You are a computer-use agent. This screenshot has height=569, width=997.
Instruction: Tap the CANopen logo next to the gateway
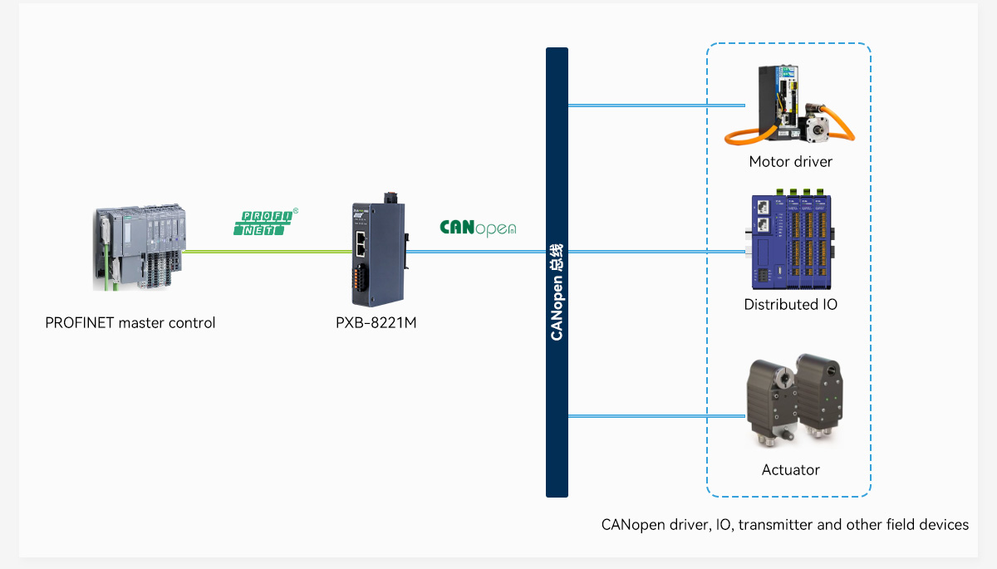pos(478,228)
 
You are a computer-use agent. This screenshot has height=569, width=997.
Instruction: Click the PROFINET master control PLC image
pos(138,248)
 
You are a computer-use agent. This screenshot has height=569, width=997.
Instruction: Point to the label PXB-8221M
pos(370,322)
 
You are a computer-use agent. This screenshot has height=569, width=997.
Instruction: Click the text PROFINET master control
pos(130,322)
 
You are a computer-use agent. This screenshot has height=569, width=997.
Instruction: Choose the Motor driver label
pos(790,162)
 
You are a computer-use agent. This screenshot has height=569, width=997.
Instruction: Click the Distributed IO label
pos(790,305)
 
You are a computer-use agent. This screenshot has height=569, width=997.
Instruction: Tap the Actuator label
pos(790,470)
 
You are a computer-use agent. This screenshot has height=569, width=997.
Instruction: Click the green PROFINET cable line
pos(266,251)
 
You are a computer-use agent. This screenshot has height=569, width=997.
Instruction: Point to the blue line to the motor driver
pos(656,105)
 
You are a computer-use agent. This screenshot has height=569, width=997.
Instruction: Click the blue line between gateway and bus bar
pos(478,251)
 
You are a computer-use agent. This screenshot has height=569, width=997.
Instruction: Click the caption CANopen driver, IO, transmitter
pos(784,525)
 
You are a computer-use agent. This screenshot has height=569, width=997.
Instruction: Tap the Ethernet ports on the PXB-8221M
pos(362,242)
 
